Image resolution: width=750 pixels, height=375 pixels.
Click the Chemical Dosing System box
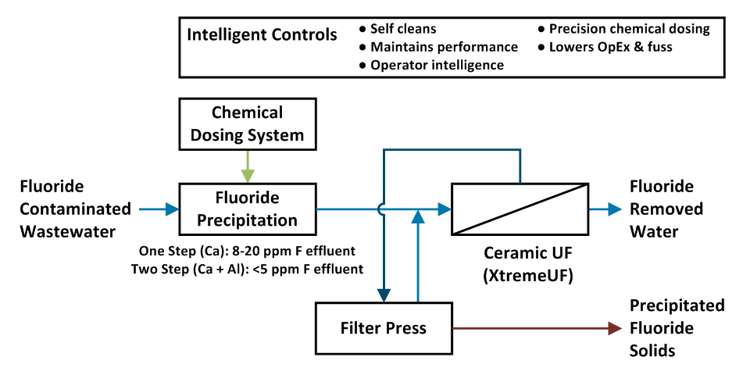tap(247, 123)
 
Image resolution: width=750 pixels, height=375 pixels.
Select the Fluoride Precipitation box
tap(247, 209)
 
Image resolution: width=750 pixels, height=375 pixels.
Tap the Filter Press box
tap(383, 327)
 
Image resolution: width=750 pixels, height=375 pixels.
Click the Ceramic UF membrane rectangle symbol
tap(520, 209)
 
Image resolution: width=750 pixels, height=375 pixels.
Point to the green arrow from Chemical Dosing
tap(247, 166)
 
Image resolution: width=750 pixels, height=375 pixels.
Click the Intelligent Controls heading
tap(262, 35)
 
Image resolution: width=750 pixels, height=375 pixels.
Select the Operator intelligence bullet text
tap(437, 66)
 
